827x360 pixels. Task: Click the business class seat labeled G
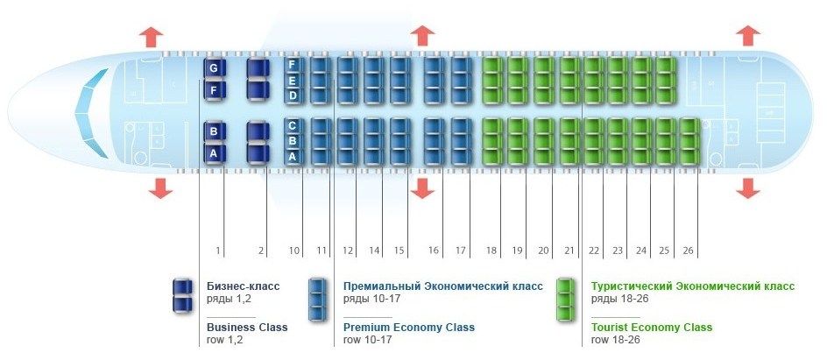(x=215, y=68)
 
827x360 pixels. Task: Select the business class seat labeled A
(x=215, y=153)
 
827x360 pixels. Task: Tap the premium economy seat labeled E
(x=293, y=81)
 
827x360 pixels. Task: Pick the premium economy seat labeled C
(x=293, y=126)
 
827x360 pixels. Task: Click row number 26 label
(x=688, y=251)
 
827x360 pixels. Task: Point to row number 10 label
(x=294, y=251)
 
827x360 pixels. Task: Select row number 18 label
(x=491, y=251)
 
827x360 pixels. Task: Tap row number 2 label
(x=260, y=251)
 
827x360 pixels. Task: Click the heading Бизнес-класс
(x=244, y=286)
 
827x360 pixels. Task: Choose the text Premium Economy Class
(x=409, y=328)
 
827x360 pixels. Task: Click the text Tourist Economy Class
(x=652, y=328)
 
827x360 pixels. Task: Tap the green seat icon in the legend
(x=565, y=300)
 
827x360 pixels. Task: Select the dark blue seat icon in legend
(x=182, y=296)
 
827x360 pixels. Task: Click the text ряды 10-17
(x=368, y=299)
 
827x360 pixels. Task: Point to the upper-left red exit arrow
(x=151, y=37)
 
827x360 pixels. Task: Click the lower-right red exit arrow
(x=748, y=188)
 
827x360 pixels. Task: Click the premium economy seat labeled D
(x=293, y=95)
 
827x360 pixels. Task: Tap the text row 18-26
(x=616, y=340)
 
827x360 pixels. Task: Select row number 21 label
(x=569, y=251)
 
